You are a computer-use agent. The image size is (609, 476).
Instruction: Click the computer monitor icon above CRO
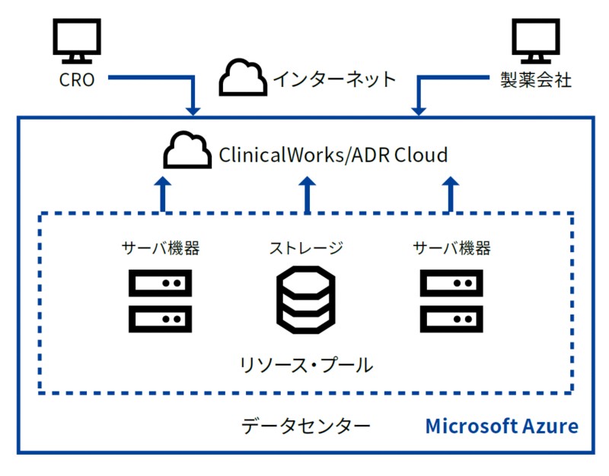click(x=77, y=42)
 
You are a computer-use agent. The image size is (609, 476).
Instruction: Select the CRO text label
click(x=77, y=79)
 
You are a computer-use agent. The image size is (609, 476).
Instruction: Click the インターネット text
click(x=334, y=79)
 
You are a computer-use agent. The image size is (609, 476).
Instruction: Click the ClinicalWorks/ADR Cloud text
click(x=333, y=155)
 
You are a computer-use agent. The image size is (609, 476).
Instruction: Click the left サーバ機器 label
click(x=161, y=248)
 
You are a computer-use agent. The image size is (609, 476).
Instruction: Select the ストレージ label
click(x=305, y=248)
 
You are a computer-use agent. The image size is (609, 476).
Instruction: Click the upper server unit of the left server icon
click(x=159, y=283)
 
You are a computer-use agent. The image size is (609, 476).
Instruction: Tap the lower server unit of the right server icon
click(x=451, y=318)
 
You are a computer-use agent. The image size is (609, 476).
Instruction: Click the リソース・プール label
click(x=305, y=365)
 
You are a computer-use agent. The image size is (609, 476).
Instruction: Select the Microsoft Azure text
click(x=501, y=425)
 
